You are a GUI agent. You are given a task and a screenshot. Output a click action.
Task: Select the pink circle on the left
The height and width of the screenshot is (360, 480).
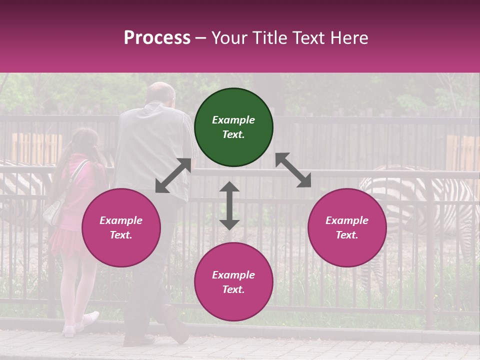[x=121, y=227]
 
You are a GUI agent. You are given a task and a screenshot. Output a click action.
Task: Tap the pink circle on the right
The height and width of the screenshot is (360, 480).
[x=347, y=227]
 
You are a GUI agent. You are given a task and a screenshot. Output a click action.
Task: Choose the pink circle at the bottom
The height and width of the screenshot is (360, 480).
[x=233, y=282]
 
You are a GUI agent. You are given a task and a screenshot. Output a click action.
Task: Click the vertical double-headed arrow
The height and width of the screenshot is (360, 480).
[x=229, y=205]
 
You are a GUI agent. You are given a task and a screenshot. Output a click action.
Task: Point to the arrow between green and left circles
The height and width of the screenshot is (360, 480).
[x=173, y=175]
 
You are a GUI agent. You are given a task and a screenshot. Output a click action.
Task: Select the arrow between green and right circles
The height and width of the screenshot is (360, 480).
[x=293, y=170]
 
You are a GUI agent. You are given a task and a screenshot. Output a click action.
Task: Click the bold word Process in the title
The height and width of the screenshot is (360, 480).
[x=157, y=37]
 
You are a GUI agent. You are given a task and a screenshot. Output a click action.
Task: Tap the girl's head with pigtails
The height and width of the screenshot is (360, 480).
[x=82, y=140]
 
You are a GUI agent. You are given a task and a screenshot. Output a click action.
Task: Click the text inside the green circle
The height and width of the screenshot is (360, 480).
[x=233, y=127]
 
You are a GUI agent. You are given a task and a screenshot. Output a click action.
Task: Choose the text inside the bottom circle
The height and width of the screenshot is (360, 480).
[x=233, y=282]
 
